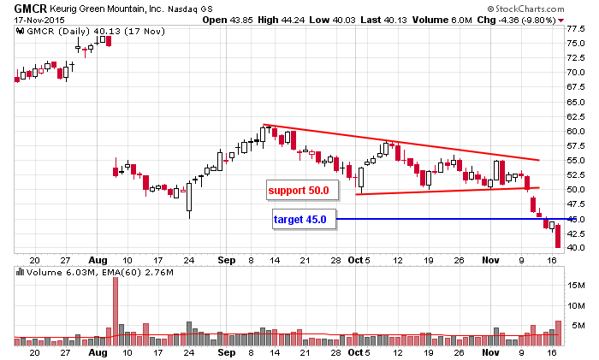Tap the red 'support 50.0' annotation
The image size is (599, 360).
point(299,189)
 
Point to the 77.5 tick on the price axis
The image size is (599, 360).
point(576,28)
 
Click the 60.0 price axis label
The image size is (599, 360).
point(576,131)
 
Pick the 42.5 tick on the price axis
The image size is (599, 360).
point(576,233)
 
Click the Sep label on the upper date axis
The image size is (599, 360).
point(227,259)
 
